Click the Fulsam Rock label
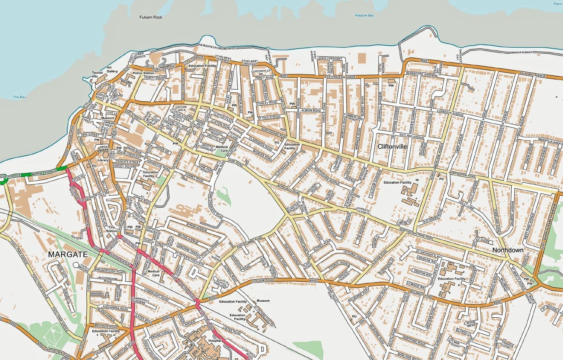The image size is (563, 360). click(x=151, y=17)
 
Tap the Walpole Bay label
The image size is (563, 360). click(x=364, y=16)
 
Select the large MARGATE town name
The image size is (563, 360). click(x=68, y=255)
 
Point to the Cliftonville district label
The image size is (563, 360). click(x=392, y=146)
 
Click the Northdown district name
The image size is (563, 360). click(x=508, y=250)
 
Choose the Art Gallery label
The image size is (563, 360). click(x=112, y=69)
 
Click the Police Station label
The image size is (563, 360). click(x=143, y=73)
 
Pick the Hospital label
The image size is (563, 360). click(x=215, y=340)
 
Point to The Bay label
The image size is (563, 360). click(x=19, y=97)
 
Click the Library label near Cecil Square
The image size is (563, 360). click(x=103, y=160)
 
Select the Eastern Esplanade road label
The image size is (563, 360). click(x=340, y=77)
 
